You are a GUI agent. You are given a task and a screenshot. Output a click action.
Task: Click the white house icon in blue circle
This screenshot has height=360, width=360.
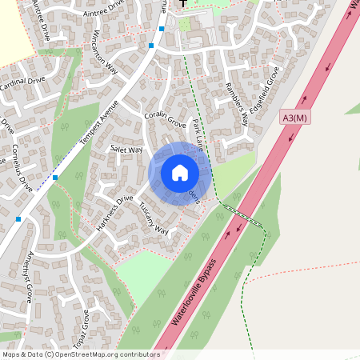179,172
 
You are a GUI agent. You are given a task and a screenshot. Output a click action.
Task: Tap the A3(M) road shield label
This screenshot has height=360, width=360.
294,118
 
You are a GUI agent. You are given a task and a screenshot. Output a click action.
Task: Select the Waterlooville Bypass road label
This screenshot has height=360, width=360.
194,292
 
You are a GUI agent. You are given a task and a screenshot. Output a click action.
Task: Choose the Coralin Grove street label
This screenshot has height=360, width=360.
165,120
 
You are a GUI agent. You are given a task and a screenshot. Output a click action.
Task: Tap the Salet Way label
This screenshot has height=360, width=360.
126,150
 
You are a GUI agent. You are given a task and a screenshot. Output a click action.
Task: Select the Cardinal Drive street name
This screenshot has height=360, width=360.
22,82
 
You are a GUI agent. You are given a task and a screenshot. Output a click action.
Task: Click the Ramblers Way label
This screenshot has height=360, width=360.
237,104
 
